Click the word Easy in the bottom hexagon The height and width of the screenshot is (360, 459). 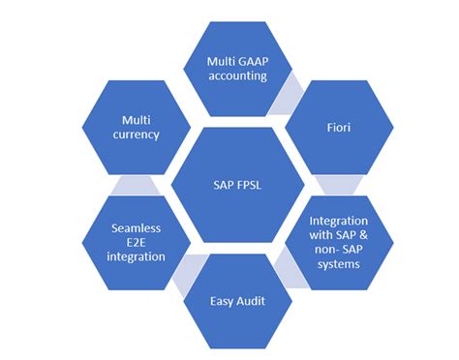point(222,301)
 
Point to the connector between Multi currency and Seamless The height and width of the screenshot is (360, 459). point(131,182)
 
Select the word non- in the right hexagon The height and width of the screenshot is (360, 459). point(329,251)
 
